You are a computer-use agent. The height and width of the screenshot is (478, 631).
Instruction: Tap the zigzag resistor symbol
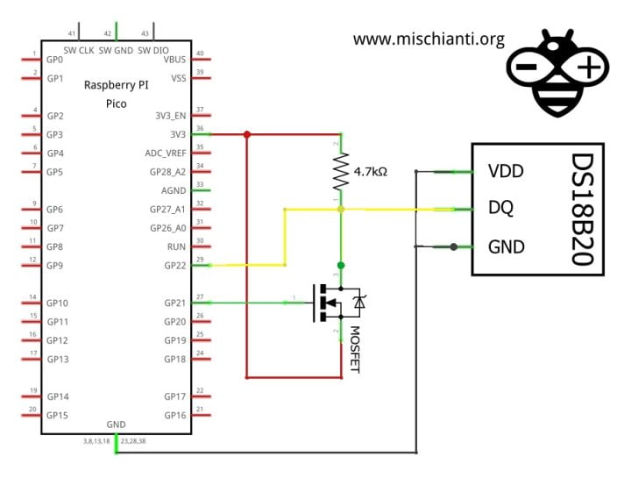coord(341,172)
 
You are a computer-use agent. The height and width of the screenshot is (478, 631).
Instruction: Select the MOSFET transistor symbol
coord(337,303)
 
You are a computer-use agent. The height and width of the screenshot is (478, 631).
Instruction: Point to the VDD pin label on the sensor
coord(506,170)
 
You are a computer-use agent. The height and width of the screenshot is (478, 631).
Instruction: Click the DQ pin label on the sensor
coord(500,209)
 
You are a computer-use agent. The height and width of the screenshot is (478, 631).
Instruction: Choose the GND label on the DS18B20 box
coord(506,246)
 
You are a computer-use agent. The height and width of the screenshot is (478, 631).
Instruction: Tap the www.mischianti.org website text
coord(429,39)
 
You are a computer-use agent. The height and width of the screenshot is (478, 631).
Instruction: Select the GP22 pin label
coord(175,265)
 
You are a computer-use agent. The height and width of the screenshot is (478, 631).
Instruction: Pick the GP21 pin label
coord(175,303)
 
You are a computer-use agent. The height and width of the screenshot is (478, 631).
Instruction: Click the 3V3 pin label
coord(178,134)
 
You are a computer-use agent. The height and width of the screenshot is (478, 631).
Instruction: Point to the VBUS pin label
coord(175,59)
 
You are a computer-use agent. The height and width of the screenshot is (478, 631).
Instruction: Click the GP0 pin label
coord(55,59)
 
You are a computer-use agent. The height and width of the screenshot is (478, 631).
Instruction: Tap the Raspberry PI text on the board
coord(116,85)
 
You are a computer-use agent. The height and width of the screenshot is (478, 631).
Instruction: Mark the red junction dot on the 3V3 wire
coord(246,134)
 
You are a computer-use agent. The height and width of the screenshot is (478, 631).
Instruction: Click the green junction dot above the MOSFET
coord(341,265)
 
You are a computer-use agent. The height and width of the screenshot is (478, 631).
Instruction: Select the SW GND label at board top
coord(116,49)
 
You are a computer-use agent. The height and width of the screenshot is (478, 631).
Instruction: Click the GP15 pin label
coord(58,415)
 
